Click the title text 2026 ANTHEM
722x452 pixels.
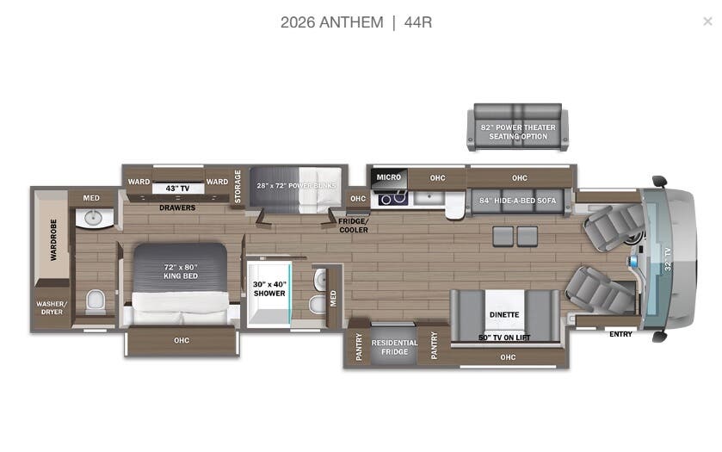331,22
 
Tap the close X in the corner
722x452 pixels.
707,22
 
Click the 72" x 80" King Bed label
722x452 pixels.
181,271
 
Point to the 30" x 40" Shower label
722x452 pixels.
268,288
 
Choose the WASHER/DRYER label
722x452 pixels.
50,307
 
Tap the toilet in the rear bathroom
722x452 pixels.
96,300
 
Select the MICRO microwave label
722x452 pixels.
388,177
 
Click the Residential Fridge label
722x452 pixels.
394,347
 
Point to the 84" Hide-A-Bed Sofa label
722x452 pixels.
519,201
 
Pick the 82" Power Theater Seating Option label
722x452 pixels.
517,132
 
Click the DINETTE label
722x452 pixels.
504,315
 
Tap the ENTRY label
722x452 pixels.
620,334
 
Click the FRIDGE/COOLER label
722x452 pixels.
353,226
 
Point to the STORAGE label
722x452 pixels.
238,187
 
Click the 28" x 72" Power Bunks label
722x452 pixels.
297,185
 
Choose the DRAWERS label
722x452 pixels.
177,207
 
